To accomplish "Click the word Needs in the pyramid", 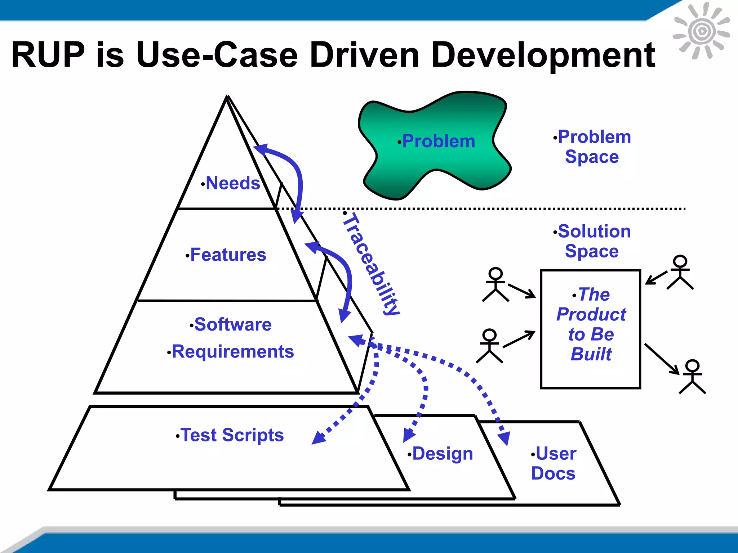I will [x=233, y=183].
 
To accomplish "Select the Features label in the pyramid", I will [x=228, y=255].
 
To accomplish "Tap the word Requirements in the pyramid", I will [x=233, y=351].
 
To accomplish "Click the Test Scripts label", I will [x=232, y=435].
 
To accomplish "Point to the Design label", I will [x=442, y=453].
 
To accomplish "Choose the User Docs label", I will [x=554, y=463].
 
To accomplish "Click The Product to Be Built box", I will [x=591, y=329].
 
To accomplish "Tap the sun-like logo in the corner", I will [x=701, y=31].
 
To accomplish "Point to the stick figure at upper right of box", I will [x=680, y=273].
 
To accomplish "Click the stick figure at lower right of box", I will [x=692, y=377].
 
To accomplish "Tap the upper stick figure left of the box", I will [x=495, y=284].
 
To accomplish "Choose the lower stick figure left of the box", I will [x=489, y=346].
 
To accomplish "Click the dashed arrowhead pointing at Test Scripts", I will [x=319, y=437].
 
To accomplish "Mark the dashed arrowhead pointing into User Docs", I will [x=504, y=438].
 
